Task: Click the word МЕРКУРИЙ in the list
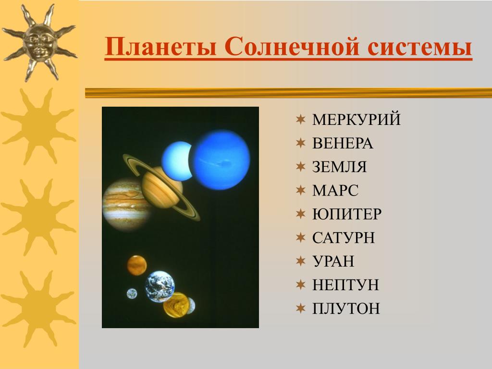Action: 357,119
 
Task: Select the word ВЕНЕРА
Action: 343,143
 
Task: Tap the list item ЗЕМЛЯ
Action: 340,167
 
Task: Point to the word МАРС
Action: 335,190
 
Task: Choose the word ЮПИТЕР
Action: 347,214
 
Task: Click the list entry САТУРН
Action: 344,237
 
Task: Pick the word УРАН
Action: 333,261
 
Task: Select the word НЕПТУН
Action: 345,284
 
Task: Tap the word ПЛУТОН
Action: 346,308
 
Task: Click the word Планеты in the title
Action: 160,47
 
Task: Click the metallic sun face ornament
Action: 39,43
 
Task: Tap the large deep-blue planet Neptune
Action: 221,160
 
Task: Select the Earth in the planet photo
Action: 160,286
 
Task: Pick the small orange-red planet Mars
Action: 137,265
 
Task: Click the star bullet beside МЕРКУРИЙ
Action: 301,119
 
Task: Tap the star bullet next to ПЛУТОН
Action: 301,308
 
